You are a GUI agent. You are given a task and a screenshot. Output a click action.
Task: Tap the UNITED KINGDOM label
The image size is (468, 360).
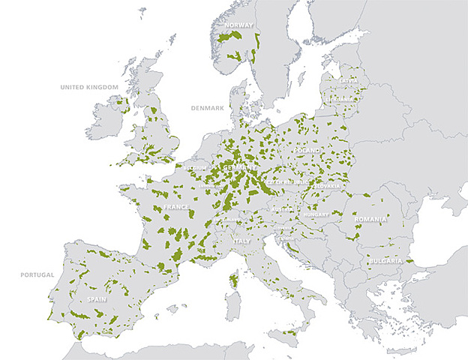pyautogui.click(x=89, y=87)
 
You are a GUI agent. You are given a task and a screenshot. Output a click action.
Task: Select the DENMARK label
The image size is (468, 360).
pyautogui.click(x=207, y=109)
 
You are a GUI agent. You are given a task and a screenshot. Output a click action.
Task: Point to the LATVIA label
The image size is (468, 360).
pyautogui.click(x=349, y=80)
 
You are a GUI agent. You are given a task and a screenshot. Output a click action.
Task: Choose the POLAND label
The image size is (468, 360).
pyautogui.click(x=307, y=150)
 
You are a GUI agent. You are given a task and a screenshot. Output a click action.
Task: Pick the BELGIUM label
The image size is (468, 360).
pyautogui.click(x=196, y=168)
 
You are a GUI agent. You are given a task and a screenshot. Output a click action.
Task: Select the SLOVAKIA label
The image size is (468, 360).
pyautogui.click(x=327, y=185)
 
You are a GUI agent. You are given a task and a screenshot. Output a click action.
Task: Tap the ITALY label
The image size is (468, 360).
pyautogui.click(x=242, y=241)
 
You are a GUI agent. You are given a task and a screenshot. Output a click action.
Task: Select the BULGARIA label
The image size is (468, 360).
pyautogui.click(x=385, y=261)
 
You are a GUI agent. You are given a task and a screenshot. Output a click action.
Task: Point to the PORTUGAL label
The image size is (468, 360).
pyautogui.click(x=37, y=274)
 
